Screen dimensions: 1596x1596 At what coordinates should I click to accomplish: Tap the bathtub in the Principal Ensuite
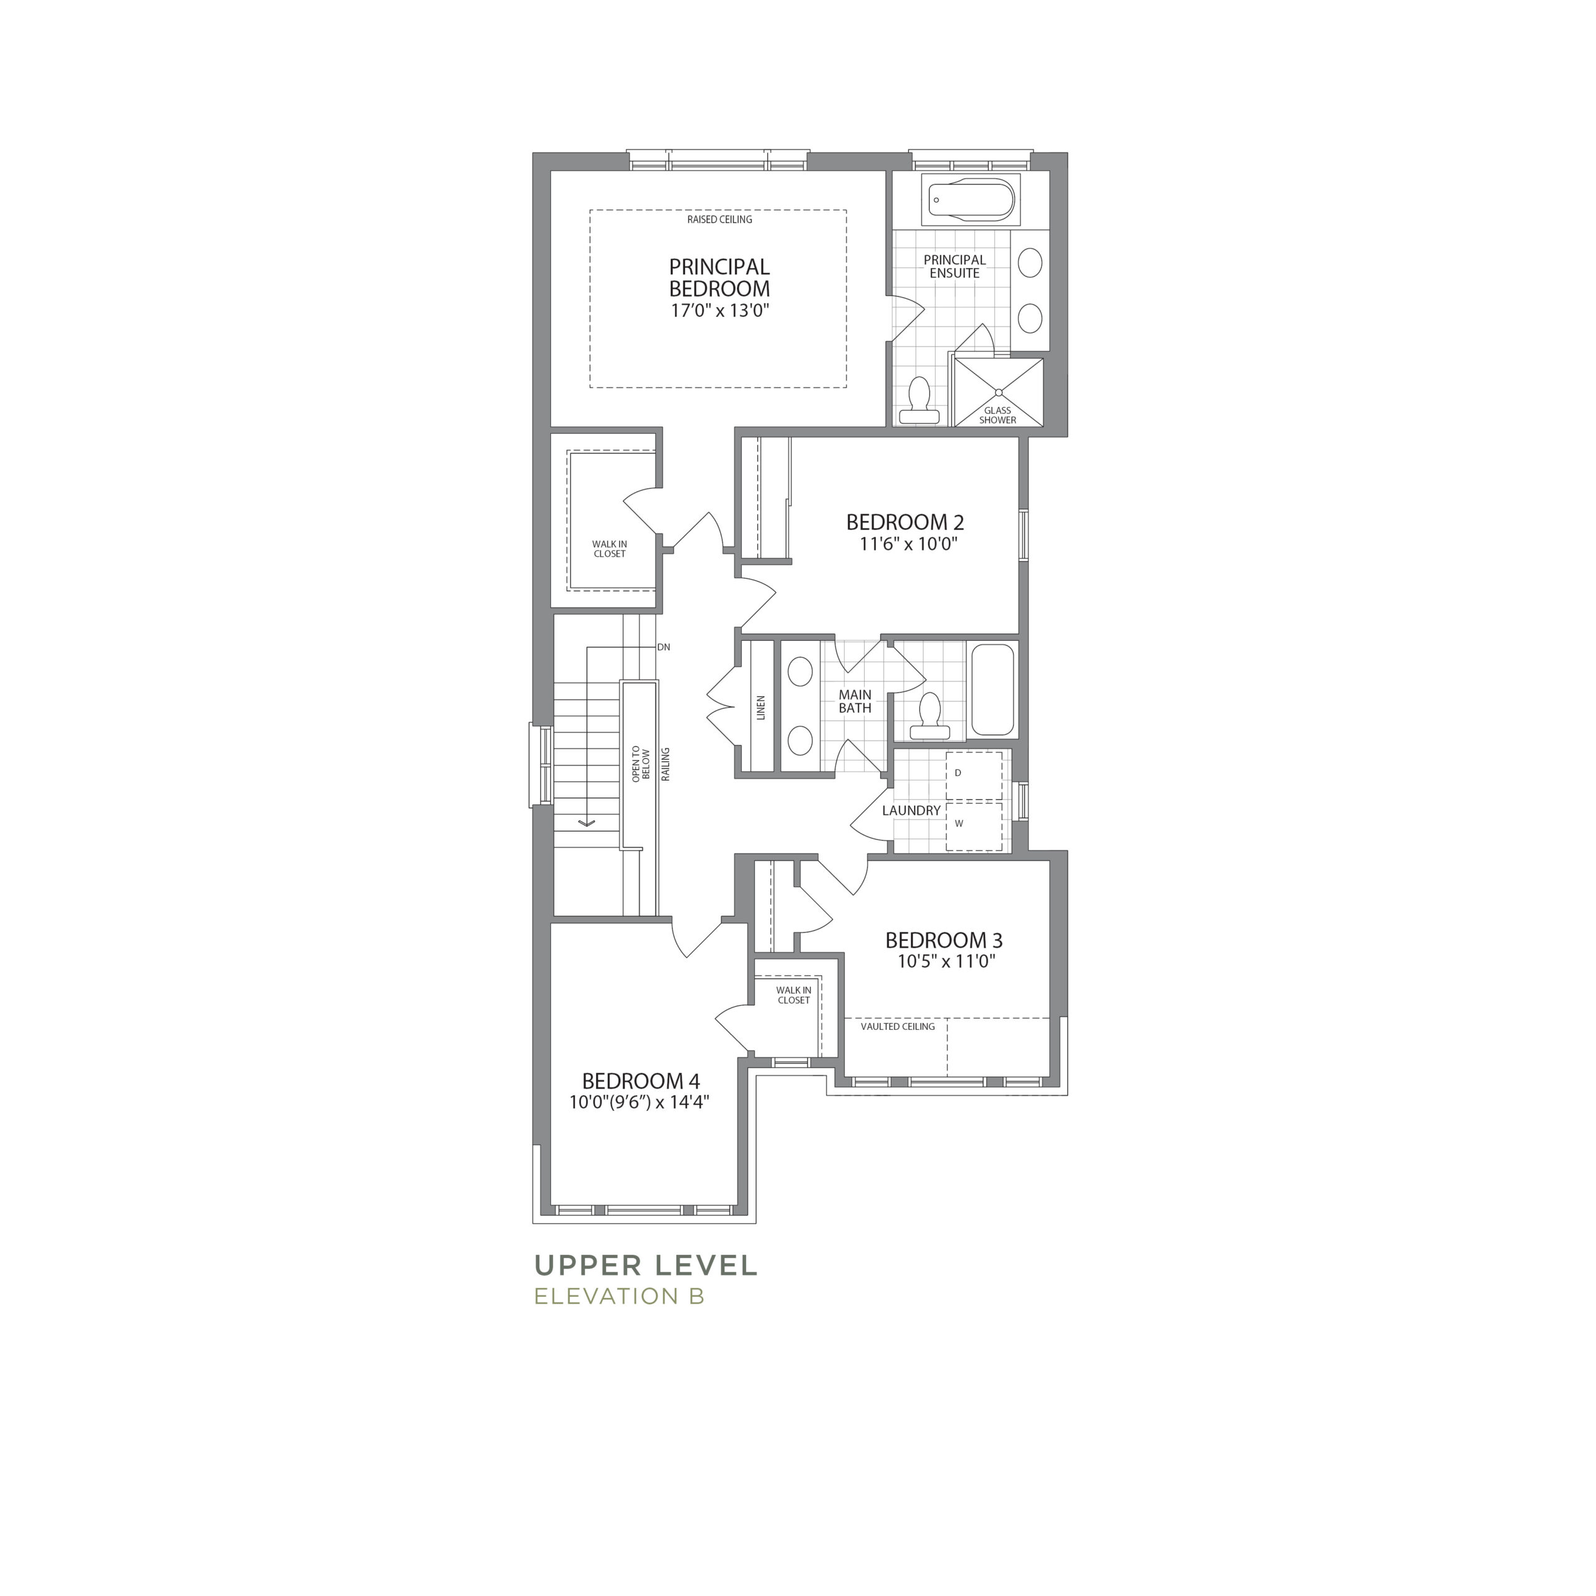tap(971, 200)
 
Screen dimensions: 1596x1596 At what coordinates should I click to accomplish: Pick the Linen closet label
tap(761, 707)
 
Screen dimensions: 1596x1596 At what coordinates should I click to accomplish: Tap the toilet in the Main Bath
tap(930, 715)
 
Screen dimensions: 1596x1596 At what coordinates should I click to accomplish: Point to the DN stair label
tap(663, 647)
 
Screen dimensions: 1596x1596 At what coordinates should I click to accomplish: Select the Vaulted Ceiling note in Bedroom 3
tap(898, 1026)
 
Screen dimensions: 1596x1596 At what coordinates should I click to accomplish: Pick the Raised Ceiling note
tap(719, 219)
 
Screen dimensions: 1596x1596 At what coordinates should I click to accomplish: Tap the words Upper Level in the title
tap(646, 1265)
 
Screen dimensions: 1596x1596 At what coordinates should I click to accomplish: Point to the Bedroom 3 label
tap(945, 940)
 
